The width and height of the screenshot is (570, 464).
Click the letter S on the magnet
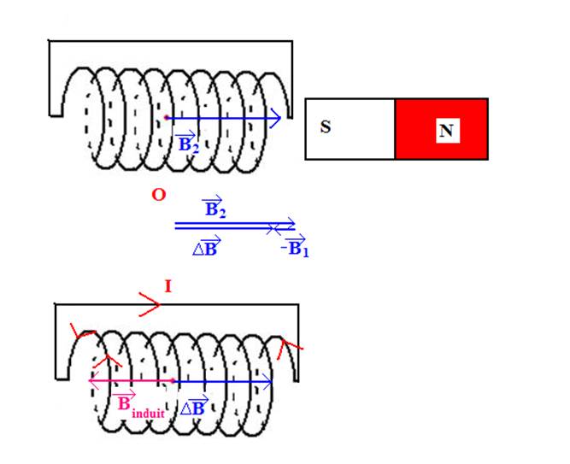[x=326, y=127]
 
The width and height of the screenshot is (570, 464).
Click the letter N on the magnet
[x=445, y=131]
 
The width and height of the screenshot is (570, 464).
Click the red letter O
[x=158, y=196]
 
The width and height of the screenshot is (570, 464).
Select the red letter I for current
[x=167, y=286]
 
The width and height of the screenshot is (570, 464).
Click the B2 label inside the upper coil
[x=186, y=142]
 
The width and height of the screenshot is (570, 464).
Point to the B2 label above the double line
[x=214, y=208]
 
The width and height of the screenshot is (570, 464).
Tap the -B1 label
[x=292, y=248]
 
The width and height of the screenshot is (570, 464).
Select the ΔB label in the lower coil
[x=196, y=406]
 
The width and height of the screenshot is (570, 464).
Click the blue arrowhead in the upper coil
[x=275, y=119]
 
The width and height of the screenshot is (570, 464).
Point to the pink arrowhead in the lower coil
[x=93, y=381]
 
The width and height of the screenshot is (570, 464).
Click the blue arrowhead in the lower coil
[x=268, y=381]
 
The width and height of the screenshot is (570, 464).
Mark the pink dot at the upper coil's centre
[x=165, y=118]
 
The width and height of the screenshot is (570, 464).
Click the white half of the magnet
[x=350, y=129]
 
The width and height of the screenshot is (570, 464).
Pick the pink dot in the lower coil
[x=173, y=381]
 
